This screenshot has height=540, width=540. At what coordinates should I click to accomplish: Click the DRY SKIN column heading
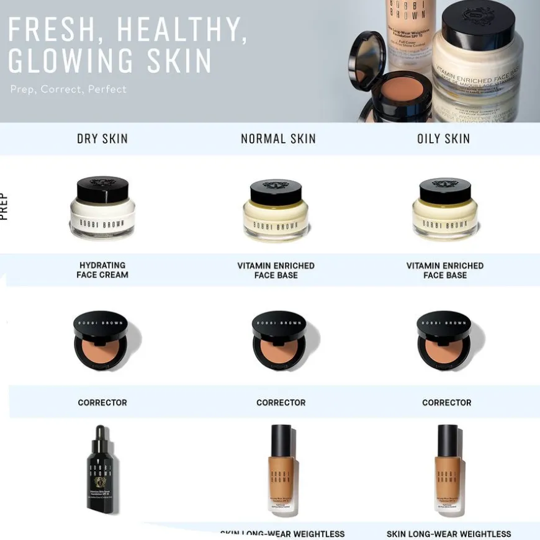tap(102, 139)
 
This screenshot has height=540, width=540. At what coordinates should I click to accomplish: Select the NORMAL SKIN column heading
tap(278, 139)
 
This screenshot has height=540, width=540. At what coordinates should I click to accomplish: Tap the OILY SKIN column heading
tap(443, 139)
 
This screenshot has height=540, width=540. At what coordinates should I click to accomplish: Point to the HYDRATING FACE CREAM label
tap(102, 270)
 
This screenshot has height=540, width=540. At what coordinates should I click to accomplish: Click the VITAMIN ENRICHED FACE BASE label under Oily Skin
tap(445, 270)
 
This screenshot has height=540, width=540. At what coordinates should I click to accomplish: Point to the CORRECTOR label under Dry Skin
tap(102, 403)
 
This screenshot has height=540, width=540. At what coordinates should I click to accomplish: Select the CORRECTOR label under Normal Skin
tap(281, 403)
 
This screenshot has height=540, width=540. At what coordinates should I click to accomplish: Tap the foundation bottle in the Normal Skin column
tap(281, 470)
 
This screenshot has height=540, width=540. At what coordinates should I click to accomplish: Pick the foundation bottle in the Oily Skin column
tap(448, 470)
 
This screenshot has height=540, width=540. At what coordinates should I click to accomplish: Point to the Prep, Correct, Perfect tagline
tap(68, 89)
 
